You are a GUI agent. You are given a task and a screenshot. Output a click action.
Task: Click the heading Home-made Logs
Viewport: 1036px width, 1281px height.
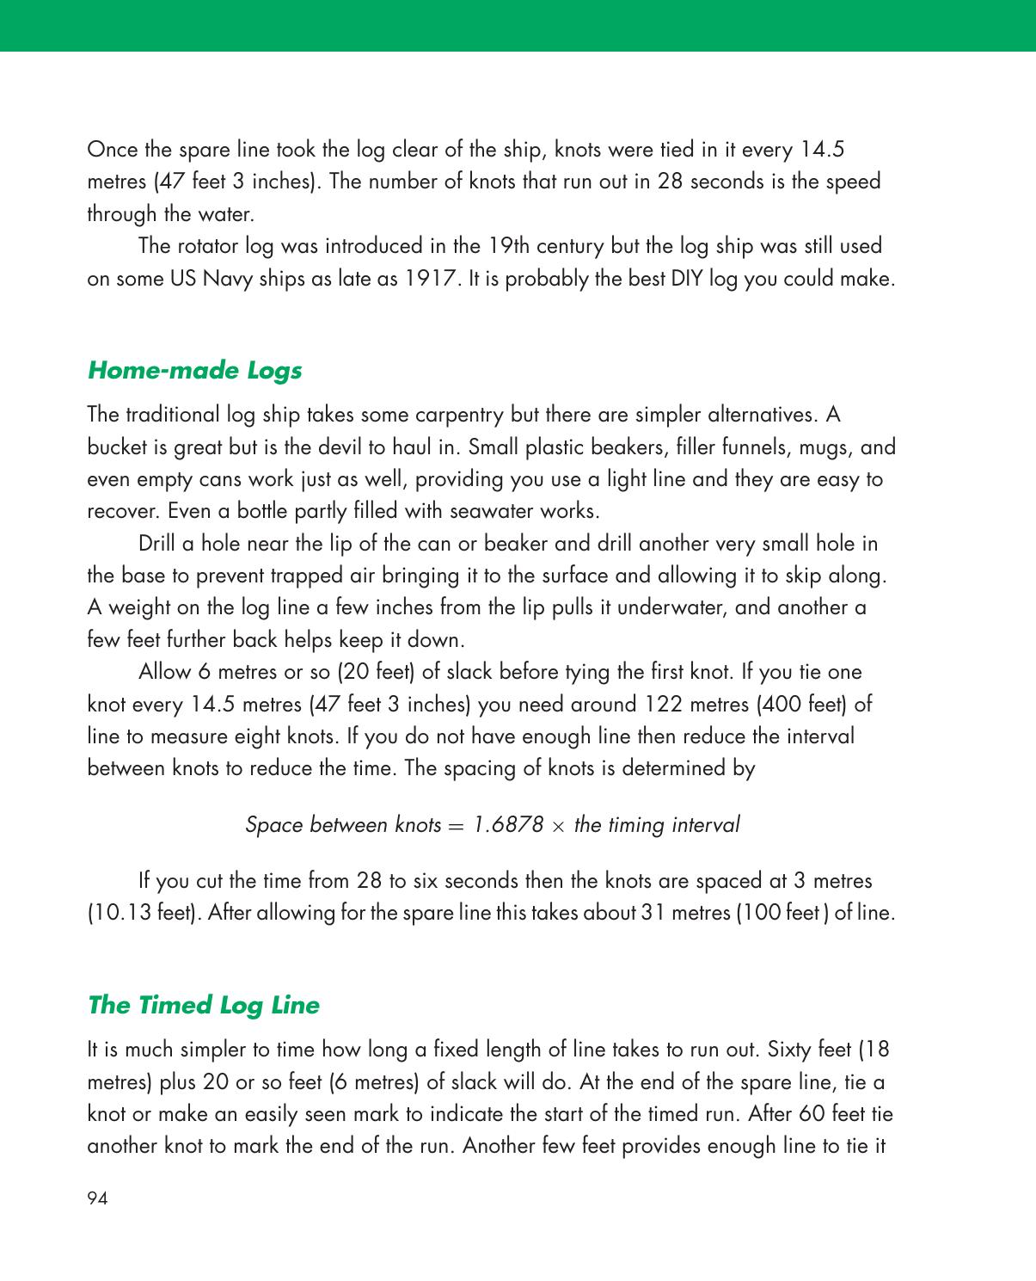[194, 371]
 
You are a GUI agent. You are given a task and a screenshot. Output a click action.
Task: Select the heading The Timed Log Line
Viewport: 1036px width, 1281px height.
[203, 1005]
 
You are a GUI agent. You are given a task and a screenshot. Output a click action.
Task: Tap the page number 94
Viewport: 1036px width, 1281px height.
[97, 1198]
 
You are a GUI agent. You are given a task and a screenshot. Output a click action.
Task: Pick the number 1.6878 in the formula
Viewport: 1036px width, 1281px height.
[508, 824]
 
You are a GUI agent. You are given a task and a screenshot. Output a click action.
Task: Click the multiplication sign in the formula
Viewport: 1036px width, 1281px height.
[559, 826]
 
